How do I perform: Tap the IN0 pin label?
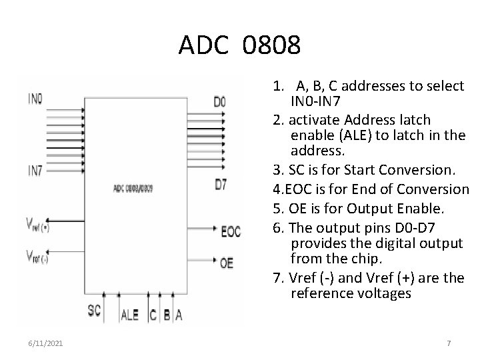coord(35,99)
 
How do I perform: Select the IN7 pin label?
coord(35,171)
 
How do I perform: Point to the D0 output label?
coord(219,102)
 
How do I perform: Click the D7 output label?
coord(220,185)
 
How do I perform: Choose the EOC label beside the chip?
coord(231,232)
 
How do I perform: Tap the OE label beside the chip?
coord(227,263)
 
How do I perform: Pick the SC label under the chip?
coord(95,310)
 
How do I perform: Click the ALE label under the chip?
coord(129,315)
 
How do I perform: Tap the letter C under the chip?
coord(153,315)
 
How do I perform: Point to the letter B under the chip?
coord(165,315)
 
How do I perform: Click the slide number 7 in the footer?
coord(449,343)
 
